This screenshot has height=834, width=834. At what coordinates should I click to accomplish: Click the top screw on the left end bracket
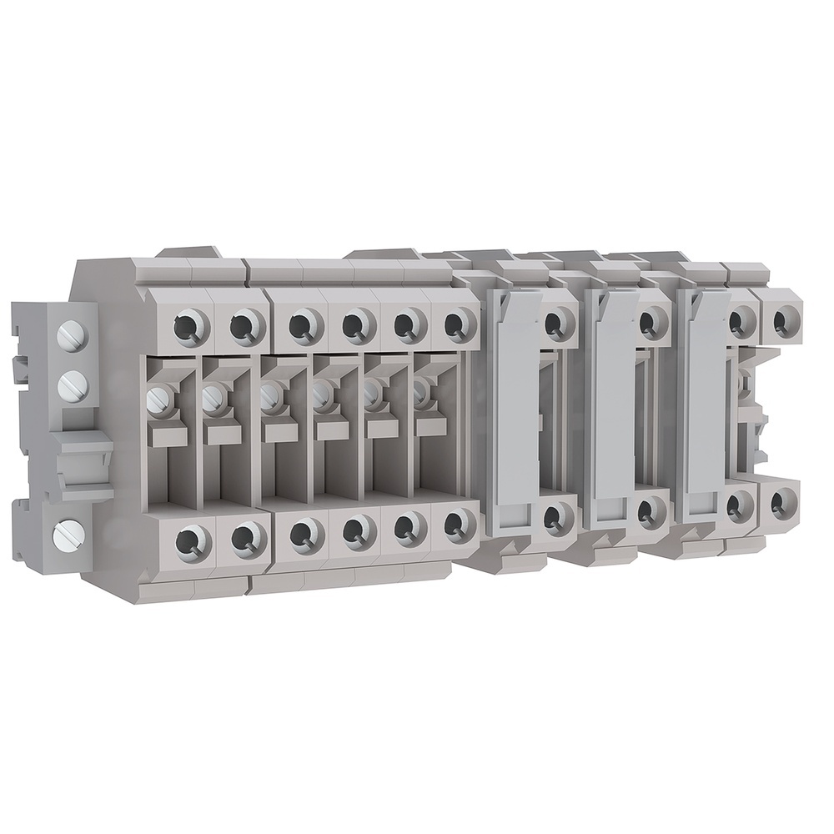[68, 336]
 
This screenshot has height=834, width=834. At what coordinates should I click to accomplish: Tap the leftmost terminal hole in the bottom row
[193, 542]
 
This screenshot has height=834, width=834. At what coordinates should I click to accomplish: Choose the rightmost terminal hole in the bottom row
[782, 502]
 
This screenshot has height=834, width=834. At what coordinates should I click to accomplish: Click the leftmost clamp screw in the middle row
[158, 400]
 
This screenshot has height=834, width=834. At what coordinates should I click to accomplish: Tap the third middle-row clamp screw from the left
[269, 396]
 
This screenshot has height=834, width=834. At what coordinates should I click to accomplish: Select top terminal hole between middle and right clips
[652, 322]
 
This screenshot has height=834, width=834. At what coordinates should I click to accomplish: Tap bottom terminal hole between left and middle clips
[554, 517]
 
